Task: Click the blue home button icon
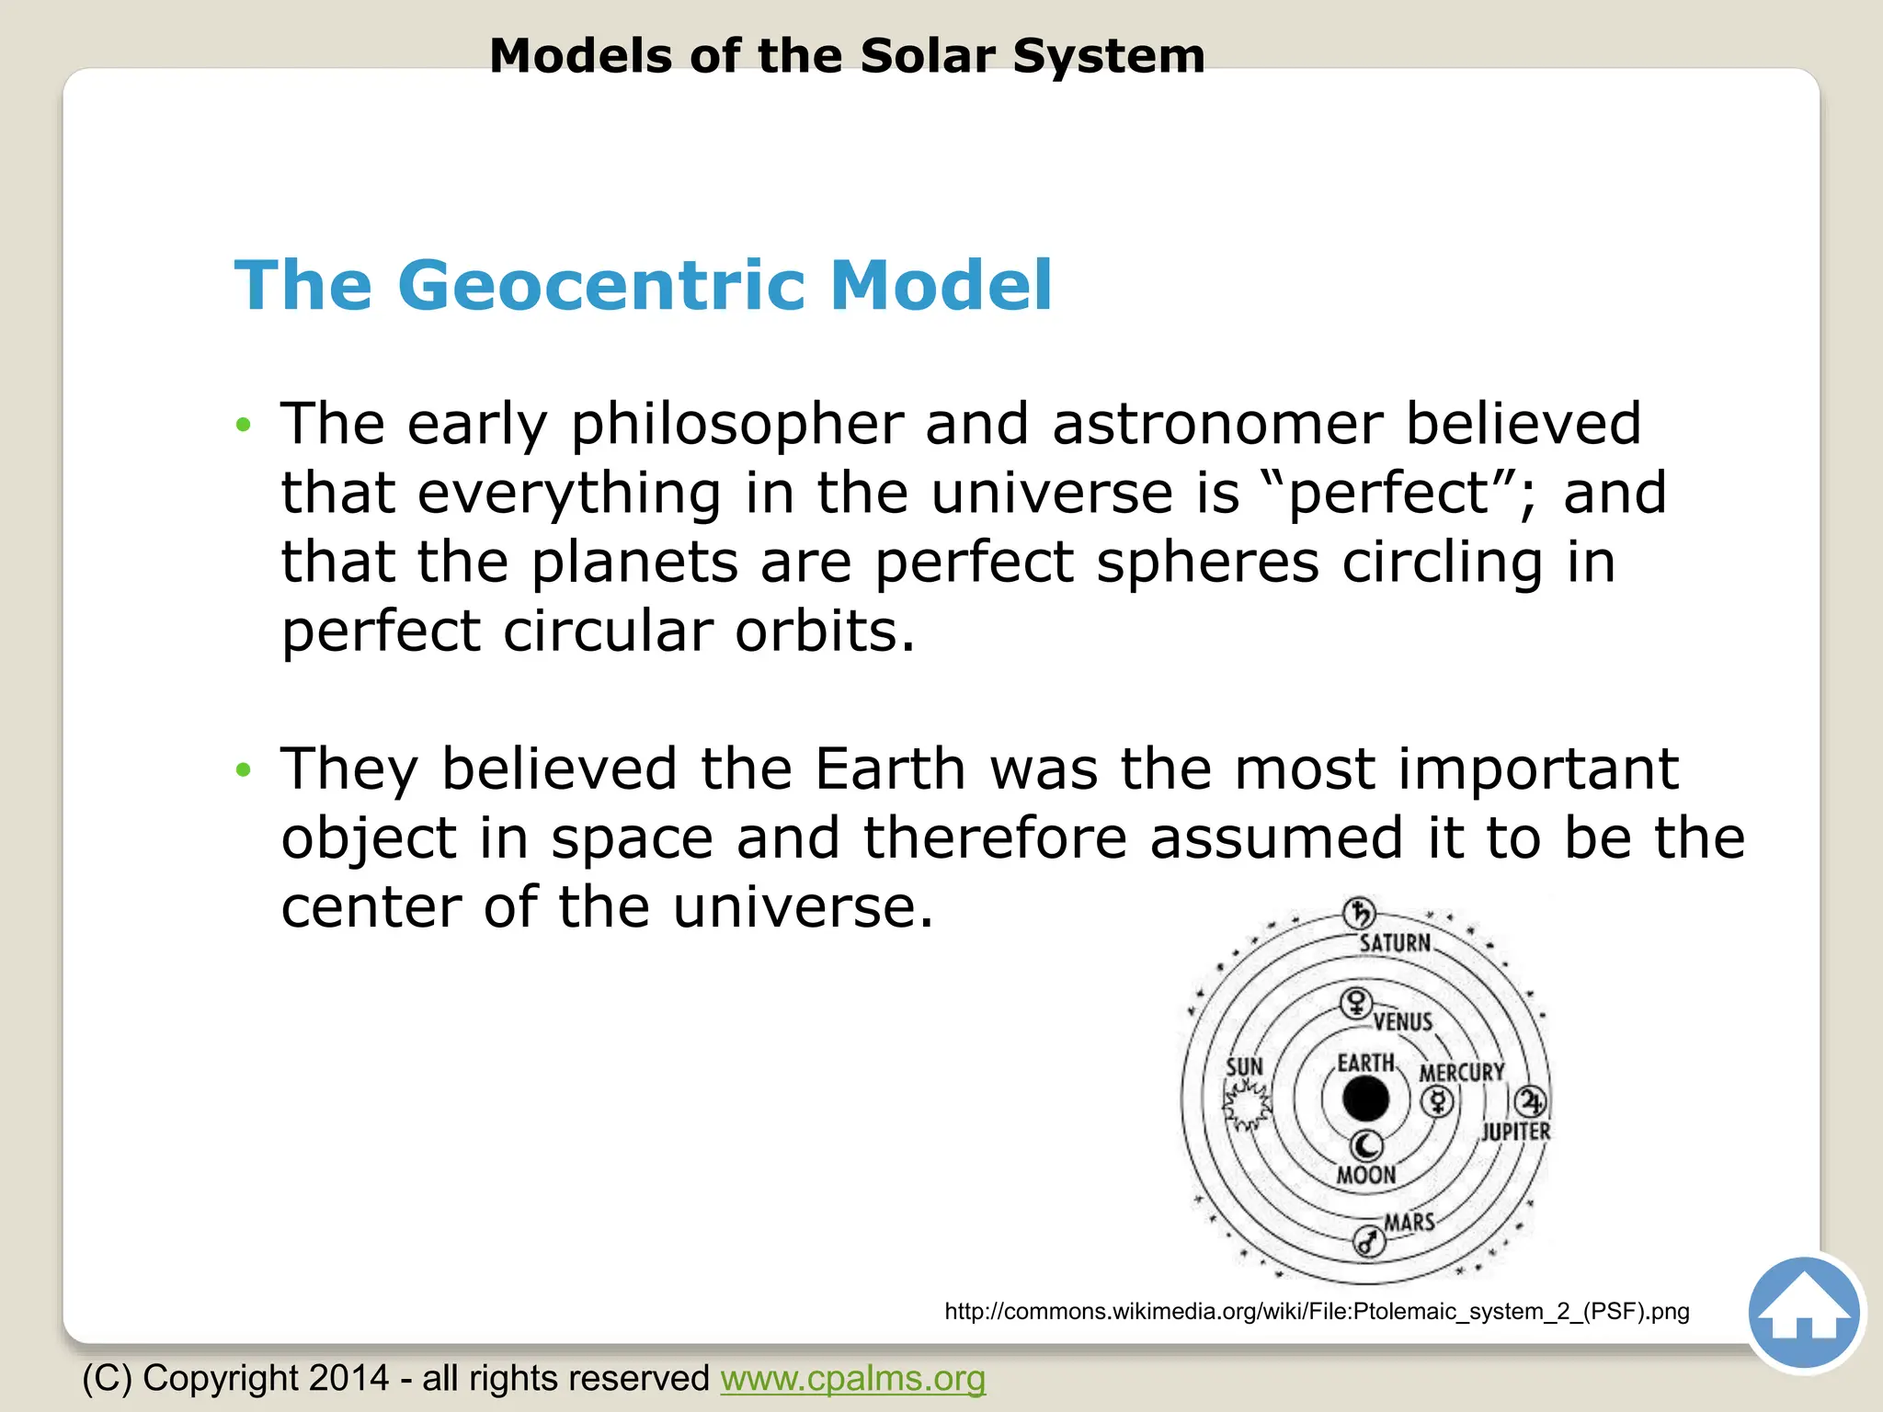click(x=1804, y=1313)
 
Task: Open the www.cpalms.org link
click(x=852, y=1378)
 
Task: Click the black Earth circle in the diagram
click(x=1365, y=1099)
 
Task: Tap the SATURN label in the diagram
click(x=1395, y=943)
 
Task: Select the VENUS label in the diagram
click(x=1403, y=1022)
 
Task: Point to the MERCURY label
click(x=1461, y=1073)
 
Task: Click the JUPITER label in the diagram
click(x=1515, y=1132)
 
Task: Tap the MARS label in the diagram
click(x=1409, y=1223)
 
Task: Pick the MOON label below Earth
click(x=1365, y=1176)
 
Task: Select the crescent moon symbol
click(x=1366, y=1145)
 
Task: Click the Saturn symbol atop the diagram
click(x=1359, y=913)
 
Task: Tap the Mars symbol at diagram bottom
click(x=1369, y=1243)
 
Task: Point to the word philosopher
click(x=736, y=425)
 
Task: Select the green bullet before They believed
click(x=243, y=769)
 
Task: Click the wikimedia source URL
click(x=1317, y=1311)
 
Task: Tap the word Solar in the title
click(x=928, y=56)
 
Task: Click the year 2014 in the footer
click(x=349, y=1378)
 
